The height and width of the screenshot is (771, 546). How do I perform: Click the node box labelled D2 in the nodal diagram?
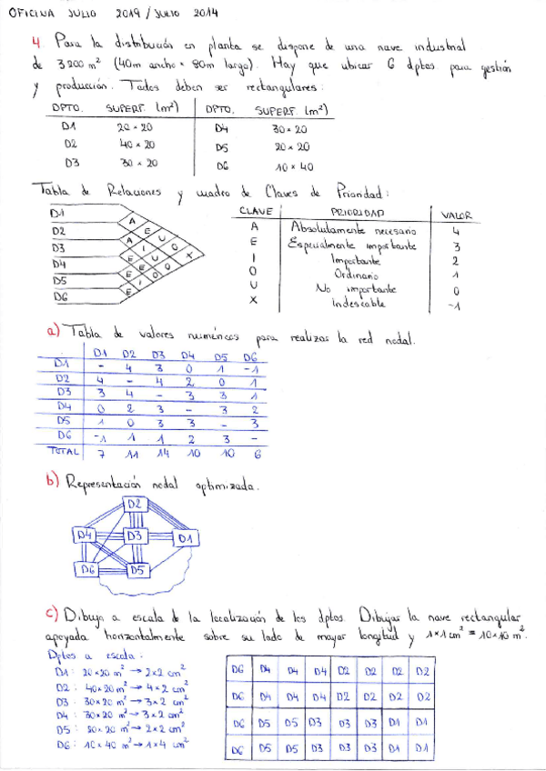pyautogui.click(x=135, y=504)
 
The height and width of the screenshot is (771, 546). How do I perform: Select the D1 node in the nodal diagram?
pyautogui.click(x=186, y=539)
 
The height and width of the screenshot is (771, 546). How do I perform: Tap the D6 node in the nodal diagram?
pyautogui.click(x=87, y=570)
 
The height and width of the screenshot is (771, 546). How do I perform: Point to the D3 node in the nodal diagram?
pyautogui.click(x=136, y=536)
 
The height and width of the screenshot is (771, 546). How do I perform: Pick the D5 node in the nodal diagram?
pyautogui.click(x=137, y=570)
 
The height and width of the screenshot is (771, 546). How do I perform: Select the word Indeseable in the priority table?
pyautogui.click(x=359, y=303)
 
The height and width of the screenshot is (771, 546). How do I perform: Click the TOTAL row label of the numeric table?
pyautogui.click(x=63, y=450)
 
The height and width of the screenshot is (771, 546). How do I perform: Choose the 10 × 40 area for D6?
pyautogui.click(x=295, y=166)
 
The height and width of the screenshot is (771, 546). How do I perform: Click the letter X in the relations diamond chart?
pyautogui.click(x=188, y=256)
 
